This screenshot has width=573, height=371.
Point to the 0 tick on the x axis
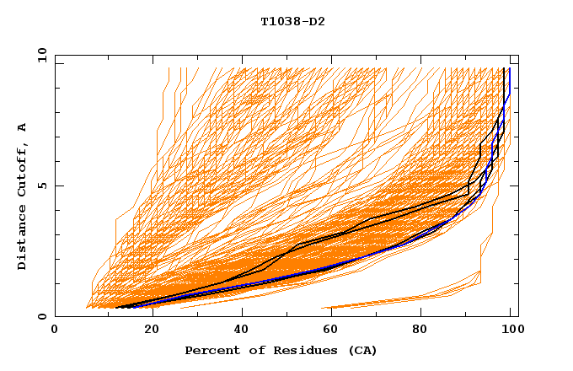pos(56,330)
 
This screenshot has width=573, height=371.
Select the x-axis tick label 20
pos(147,330)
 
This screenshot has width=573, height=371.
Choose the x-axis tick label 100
pos(510,330)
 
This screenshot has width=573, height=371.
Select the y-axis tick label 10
pos(40,55)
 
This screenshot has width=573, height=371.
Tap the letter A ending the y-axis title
pos(23,126)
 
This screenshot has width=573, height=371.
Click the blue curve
pos(253,283)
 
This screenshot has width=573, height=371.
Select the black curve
pos(371,218)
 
